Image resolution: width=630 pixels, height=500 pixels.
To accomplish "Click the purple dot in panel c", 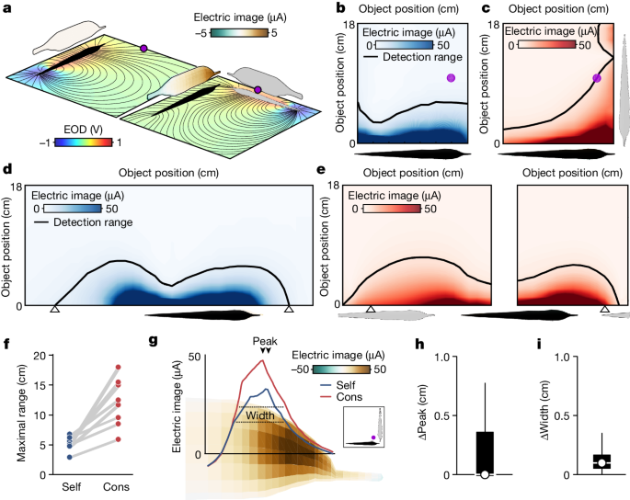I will (597, 79).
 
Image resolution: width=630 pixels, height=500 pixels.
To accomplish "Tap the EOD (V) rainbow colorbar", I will (83, 142).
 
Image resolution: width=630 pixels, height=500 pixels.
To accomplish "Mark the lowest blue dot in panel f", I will (71, 456).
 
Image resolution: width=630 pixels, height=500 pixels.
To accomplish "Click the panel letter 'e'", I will (319, 171).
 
